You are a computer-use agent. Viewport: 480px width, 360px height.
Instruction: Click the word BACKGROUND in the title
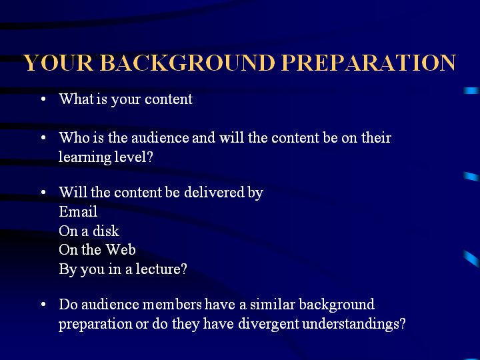tap(187, 63)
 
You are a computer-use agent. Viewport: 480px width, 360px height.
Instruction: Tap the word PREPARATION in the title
tap(369, 63)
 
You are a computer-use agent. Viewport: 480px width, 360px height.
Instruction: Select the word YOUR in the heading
tap(59, 63)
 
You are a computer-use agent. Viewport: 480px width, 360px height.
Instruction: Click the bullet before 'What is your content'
tap(43, 99)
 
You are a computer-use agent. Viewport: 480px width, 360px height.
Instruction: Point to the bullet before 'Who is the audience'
tap(43, 137)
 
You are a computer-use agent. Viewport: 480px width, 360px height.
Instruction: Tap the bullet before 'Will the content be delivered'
tap(43, 192)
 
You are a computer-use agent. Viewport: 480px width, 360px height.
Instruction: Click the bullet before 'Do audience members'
tap(43, 304)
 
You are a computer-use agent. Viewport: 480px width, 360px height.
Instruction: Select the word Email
tap(78, 211)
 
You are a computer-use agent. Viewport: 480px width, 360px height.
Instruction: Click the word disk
tap(106, 231)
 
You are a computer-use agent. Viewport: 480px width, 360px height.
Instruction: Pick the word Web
tap(121, 250)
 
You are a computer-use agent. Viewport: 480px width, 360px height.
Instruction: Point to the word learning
tap(85, 157)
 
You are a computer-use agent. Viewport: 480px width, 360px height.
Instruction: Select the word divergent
tap(268, 324)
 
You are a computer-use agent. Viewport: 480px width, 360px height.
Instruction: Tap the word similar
tap(273, 304)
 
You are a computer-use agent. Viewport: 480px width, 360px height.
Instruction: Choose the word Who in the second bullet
tap(74, 137)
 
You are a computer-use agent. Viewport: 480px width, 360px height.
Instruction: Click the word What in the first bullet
tap(77, 99)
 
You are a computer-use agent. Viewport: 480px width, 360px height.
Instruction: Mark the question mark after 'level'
tap(149, 157)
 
